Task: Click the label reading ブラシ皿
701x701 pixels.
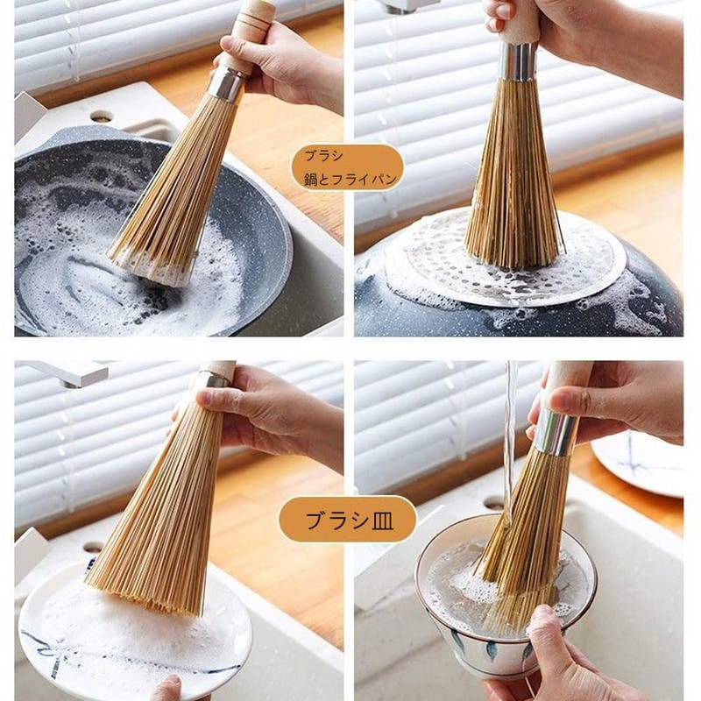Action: pos(348,520)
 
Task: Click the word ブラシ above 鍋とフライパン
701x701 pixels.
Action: pos(321,156)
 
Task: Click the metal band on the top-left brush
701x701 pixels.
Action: pos(226,84)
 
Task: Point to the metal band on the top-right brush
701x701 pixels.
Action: pos(519,61)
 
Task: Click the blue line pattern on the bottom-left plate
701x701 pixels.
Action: pos(53,644)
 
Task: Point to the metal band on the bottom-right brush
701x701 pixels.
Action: pos(556,433)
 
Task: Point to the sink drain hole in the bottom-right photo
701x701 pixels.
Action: pos(494,504)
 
